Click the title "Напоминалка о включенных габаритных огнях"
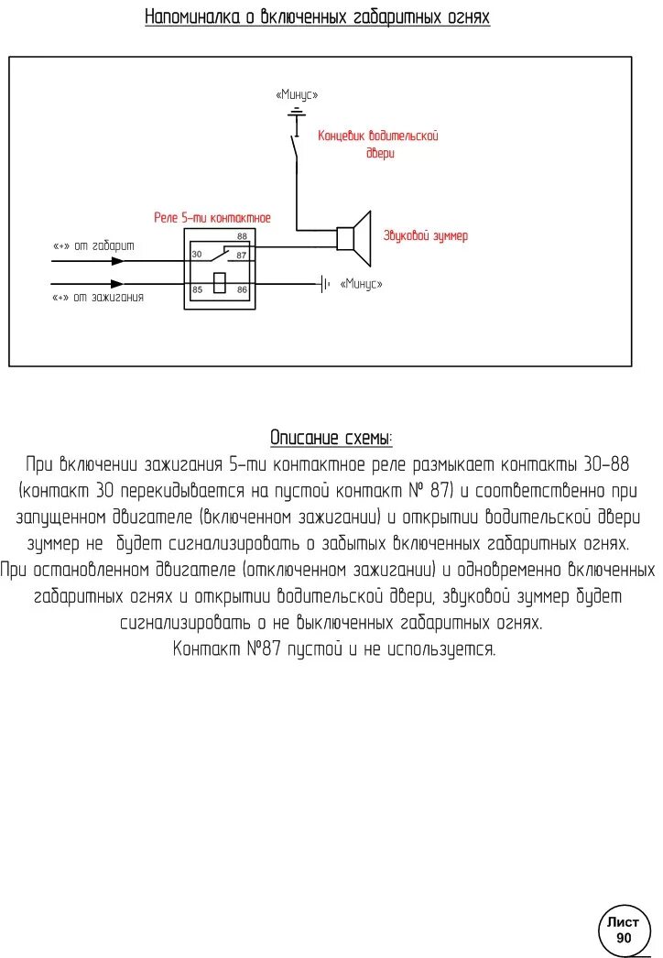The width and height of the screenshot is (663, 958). (317, 17)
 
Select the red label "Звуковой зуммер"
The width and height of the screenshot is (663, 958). (425, 236)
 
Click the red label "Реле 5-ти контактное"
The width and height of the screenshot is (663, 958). (212, 218)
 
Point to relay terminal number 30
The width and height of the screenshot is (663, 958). (196, 254)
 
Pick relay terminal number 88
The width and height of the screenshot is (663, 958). (242, 236)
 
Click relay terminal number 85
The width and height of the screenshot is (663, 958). (196, 289)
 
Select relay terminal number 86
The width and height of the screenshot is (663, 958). (242, 289)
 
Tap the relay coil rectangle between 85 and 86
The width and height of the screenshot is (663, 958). (219, 283)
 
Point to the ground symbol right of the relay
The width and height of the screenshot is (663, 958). (324, 284)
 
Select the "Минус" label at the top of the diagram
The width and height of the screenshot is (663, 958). (296, 94)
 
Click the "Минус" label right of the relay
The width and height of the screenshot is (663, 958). (361, 284)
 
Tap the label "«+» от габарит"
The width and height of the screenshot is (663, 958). (93, 246)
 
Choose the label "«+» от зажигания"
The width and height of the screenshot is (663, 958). (98, 298)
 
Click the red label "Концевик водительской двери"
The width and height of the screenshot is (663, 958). (378, 144)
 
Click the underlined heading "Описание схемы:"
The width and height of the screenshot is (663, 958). (331, 437)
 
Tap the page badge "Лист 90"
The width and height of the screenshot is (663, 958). (625, 930)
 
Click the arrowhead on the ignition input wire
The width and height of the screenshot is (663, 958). (116, 284)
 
